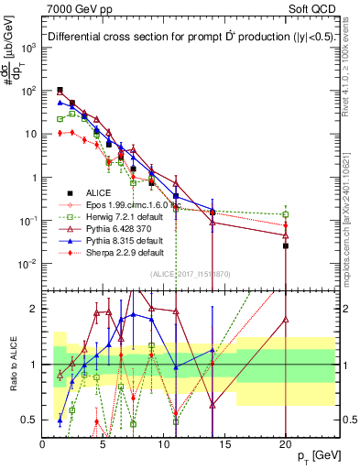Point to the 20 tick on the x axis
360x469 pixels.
pos(286,445)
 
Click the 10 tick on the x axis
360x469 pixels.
pos(164,445)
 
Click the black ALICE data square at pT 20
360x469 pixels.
pos(286,245)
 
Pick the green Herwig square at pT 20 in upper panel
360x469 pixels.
pos(286,214)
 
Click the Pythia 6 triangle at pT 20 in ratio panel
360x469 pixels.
pos(286,320)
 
